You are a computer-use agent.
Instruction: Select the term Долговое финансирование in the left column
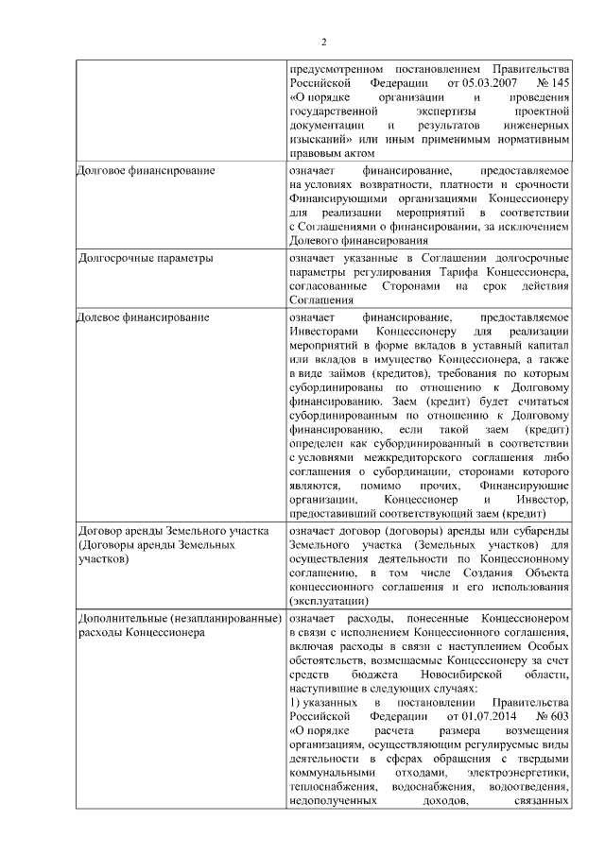click(146, 170)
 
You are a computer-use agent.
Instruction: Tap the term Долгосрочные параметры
click(145, 257)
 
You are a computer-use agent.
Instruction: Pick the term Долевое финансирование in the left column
click(143, 317)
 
